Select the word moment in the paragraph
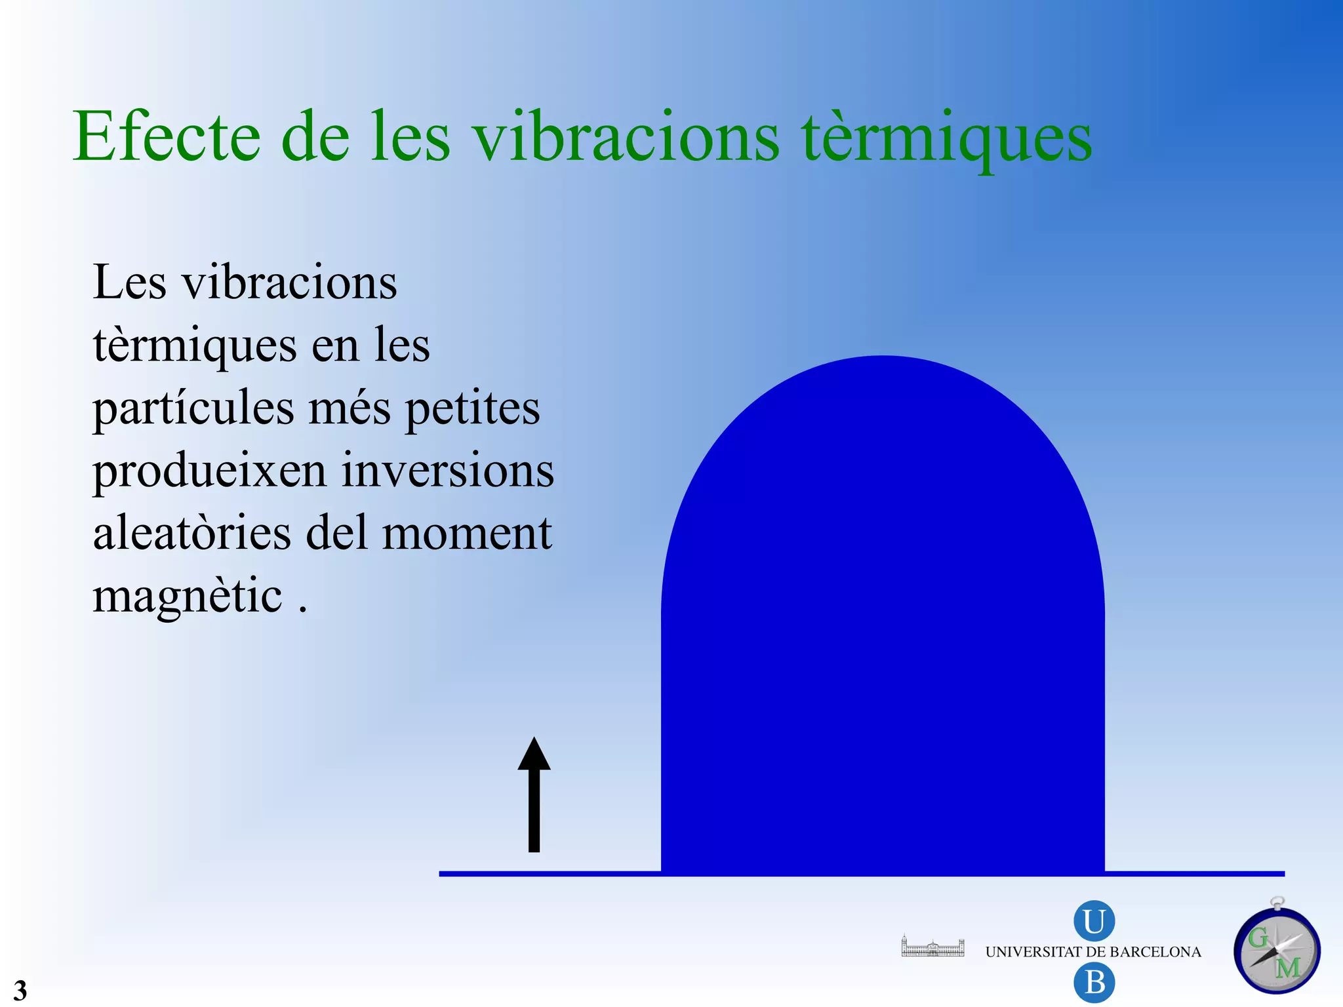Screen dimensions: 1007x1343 tap(466, 532)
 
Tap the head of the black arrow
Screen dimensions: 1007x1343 tap(534, 754)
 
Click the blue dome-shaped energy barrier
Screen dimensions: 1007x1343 tap(883, 623)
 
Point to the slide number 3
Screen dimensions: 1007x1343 tap(20, 989)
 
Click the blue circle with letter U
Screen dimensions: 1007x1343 tap(1094, 921)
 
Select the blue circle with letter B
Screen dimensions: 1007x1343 tap(1094, 983)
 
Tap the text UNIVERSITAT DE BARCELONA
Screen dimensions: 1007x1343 tap(1093, 952)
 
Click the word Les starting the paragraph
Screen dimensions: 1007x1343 tap(130, 283)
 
